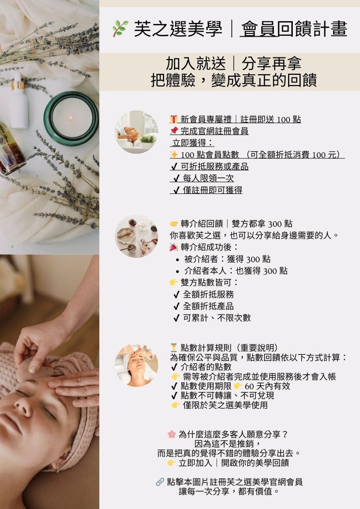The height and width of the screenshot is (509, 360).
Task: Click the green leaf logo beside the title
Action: [x=120, y=28]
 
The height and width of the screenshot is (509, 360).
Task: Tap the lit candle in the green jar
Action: [x=71, y=118]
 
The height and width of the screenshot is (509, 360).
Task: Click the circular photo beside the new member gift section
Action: [x=136, y=132]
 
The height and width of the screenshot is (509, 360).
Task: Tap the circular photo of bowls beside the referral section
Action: [x=136, y=236]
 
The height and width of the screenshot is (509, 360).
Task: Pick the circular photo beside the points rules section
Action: [x=136, y=365]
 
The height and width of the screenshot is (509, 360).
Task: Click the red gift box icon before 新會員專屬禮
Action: [x=174, y=119]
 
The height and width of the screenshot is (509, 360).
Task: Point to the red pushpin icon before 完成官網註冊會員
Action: [x=174, y=131]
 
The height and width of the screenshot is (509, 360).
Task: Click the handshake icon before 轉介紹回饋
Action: [x=174, y=223]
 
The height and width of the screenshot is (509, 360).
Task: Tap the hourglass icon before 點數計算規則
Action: [x=174, y=348]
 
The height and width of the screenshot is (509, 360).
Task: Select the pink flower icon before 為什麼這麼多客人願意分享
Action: [x=172, y=434]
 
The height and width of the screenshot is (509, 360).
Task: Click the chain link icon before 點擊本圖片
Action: [x=160, y=482]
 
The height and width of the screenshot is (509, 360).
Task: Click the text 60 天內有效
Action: [x=267, y=386]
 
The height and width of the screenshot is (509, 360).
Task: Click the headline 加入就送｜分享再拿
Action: [x=234, y=63]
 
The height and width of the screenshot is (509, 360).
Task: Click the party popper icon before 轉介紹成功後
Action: [x=174, y=247]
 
